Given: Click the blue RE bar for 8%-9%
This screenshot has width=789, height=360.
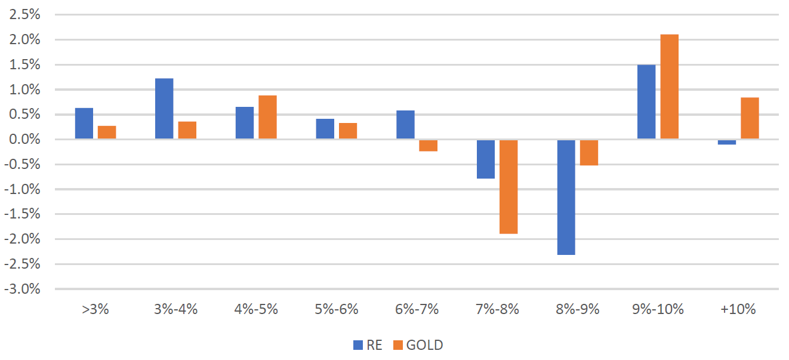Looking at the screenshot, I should (x=566, y=197).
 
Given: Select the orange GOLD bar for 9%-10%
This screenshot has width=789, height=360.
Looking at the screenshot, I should (x=670, y=87).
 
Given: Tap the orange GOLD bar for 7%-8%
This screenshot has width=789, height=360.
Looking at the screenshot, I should (x=508, y=187).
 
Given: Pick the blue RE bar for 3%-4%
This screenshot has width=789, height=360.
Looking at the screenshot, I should (x=164, y=109).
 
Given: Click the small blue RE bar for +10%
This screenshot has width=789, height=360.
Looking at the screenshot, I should (x=727, y=142).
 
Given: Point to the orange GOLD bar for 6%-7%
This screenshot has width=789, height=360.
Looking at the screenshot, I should (x=428, y=146).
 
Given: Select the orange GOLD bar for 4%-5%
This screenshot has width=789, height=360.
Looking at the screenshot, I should (x=267, y=118).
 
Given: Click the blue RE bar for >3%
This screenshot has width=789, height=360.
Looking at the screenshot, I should (x=84, y=124).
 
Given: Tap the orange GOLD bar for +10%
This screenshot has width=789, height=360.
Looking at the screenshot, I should (x=750, y=118).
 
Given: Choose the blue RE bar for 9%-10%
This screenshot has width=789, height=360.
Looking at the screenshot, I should (x=646, y=102).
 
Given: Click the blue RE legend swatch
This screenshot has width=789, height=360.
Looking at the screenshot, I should (x=358, y=345).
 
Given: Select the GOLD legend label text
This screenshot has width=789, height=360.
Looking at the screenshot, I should (x=424, y=345).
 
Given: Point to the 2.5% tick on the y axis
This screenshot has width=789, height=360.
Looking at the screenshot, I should (x=23, y=15).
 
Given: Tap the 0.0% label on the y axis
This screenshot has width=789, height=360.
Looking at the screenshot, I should (x=23, y=140).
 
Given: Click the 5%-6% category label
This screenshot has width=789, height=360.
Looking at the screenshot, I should (x=337, y=309).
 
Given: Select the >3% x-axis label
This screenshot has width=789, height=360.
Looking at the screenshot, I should (x=95, y=309).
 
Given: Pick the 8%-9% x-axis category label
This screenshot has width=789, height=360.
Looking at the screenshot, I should (x=578, y=309).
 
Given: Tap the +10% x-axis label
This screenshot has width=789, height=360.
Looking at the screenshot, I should (x=738, y=309).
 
